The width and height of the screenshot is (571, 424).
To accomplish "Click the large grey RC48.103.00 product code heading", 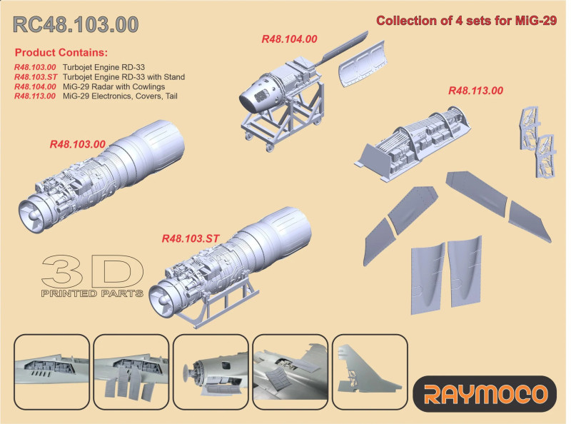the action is [x=76, y=24].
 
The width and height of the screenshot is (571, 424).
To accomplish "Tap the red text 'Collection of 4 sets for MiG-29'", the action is [x=467, y=21].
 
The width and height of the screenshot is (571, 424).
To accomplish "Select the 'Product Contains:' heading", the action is [x=61, y=52].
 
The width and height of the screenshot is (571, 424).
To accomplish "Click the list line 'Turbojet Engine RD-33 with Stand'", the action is [x=123, y=77].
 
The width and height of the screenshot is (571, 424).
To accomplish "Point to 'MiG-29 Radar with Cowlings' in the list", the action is [x=113, y=86].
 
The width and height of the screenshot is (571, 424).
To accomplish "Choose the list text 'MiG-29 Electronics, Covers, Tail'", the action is [x=120, y=96].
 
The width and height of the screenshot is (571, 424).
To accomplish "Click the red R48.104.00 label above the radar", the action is [x=290, y=39].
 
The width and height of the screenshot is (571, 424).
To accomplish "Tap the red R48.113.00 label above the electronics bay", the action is [x=475, y=91].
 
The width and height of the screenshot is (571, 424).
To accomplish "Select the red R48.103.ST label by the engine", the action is [x=191, y=238].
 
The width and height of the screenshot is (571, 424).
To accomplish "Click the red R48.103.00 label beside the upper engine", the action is [x=78, y=144].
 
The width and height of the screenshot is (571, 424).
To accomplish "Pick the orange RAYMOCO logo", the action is [x=485, y=394].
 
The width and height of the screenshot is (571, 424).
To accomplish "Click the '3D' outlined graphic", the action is [x=93, y=271].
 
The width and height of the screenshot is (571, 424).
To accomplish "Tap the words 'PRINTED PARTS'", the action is [x=92, y=293].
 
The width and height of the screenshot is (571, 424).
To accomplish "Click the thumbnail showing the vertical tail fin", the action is [x=370, y=372].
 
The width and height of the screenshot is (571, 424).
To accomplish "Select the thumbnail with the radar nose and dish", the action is [x=211, y=372].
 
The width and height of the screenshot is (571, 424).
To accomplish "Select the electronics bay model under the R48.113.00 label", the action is [x=413, y=143].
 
